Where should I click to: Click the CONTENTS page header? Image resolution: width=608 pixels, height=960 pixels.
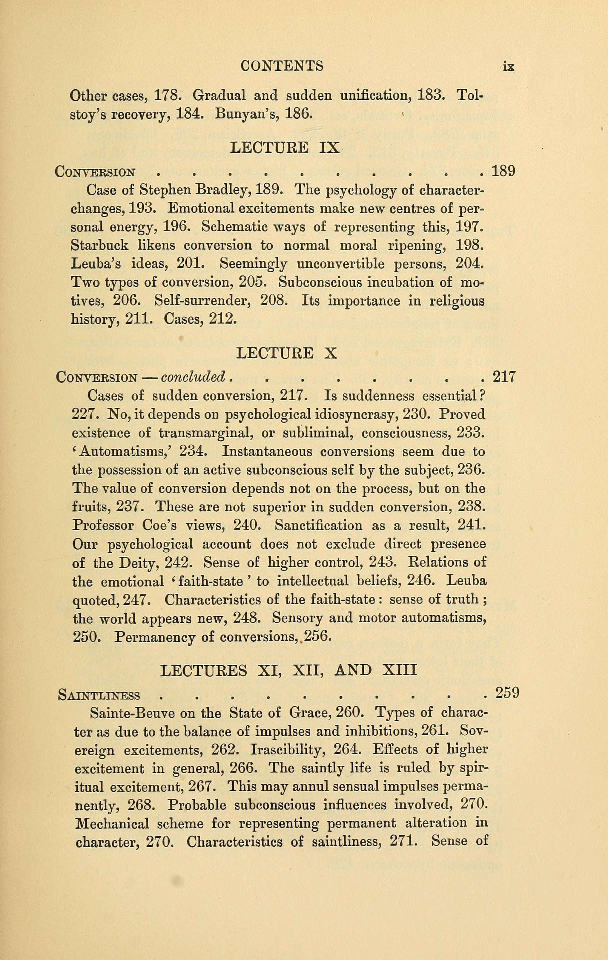pos(282,66)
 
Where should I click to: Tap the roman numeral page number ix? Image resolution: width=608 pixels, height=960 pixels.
pos(509,67)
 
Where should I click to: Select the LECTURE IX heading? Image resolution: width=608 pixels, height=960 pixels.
pos(285,148)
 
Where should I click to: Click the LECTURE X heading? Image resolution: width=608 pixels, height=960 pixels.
pos(287,353)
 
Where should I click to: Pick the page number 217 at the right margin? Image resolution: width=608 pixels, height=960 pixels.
pos(504,377)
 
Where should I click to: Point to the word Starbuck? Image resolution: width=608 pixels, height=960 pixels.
pos(100,245)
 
